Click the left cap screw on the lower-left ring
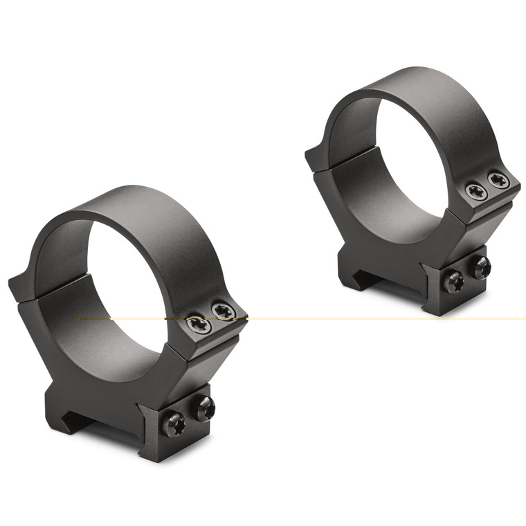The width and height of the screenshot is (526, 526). pyautogui.click(x=199, y=324)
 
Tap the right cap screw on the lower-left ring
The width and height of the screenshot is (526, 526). pyautogui.click(x=224, y=312)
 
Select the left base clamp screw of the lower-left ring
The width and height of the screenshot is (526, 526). pyautogui.click(x=174, y=423)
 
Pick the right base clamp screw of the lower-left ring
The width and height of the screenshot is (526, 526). pyautogui.click(x=203, y=408)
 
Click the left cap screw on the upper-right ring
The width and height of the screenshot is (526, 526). pyautogui.click(x=476, y=192)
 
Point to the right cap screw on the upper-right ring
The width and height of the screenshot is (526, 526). pyautogui.click(x=498, y=181)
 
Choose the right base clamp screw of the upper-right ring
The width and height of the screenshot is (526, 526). pyautogui.click(x=480, y=266)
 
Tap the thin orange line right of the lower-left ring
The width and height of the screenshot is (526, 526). pyautogui.click(x=381, y=318)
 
